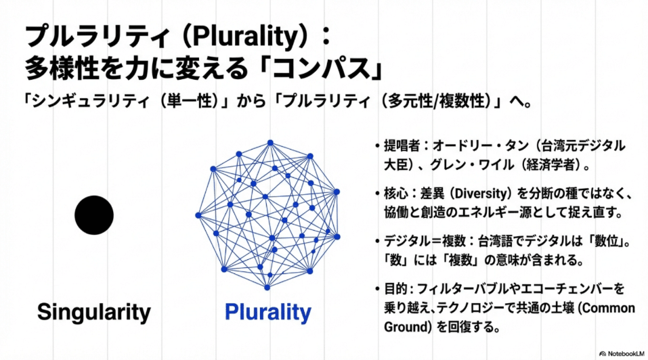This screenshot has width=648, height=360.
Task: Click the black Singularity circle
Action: [94, 215]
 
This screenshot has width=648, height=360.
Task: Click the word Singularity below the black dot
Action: [94, 313]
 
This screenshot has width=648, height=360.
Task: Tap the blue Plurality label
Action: [267, 313]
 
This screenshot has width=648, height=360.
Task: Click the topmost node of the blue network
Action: [270, 143]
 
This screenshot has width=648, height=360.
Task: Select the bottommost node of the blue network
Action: [267, 288]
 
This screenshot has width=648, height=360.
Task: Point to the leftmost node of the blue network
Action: [198, 215]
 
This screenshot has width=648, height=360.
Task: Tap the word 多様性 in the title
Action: [62, 68]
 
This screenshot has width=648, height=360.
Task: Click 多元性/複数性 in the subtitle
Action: [436, 101]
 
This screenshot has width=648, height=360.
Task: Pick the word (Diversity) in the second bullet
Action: [480, 194]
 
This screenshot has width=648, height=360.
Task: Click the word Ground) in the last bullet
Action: [408, 327]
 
